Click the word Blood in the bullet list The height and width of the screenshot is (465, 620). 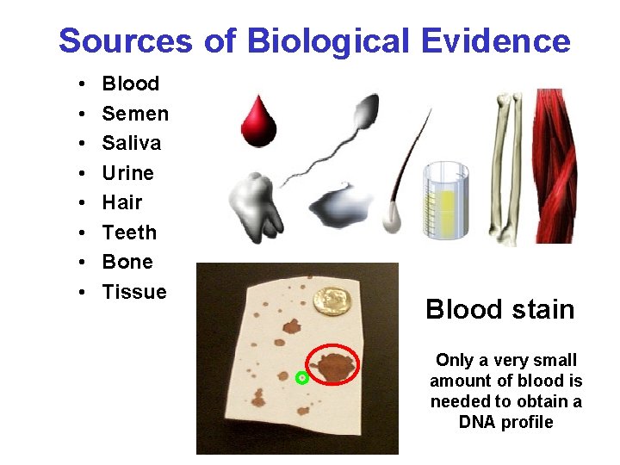pos(131,84)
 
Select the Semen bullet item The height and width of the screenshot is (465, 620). pos(135,114)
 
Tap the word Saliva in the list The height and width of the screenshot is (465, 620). pos(132,143)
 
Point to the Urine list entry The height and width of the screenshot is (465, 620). pos(128,173)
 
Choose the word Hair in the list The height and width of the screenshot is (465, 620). pos(121,202)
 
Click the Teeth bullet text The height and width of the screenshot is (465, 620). pos(129,232)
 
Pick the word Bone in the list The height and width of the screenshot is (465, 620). pos(127,262)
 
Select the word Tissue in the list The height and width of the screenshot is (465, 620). pos(134,292)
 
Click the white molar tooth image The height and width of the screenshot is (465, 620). pos(256,205)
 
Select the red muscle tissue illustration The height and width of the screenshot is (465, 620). pos(561,164)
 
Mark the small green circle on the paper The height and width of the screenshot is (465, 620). pos(301,378)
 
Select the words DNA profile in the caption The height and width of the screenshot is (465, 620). pos(505,422)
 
